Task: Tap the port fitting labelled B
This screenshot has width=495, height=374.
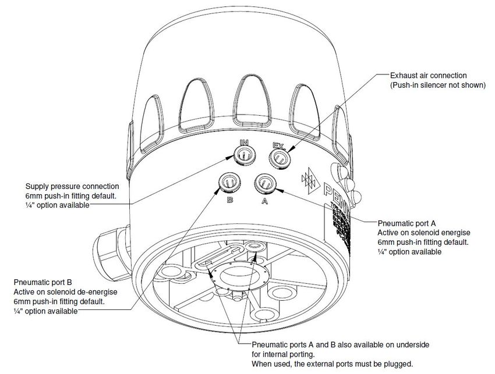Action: click(228, 183)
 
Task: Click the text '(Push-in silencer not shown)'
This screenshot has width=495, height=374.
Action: click(437, 85)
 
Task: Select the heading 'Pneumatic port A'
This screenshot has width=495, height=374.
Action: click(406, 223)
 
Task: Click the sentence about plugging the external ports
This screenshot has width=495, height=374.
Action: click(332, 364)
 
